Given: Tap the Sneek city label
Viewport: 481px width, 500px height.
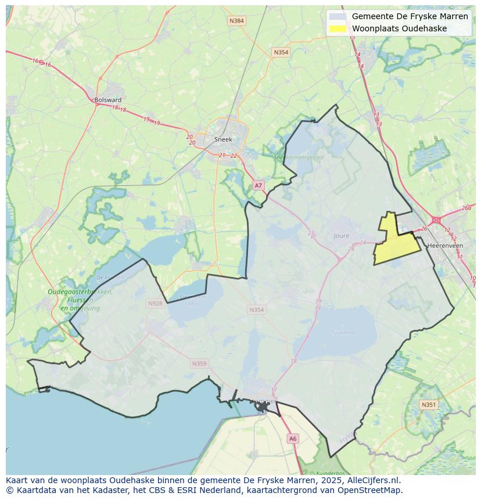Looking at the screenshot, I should point(223,139).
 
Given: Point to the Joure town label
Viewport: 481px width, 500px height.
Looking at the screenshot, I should point(342,236).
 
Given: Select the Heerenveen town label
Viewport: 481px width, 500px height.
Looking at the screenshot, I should point(444,246).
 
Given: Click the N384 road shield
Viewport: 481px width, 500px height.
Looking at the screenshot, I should point(236,21).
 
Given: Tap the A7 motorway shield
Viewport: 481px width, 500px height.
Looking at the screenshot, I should point(259,185).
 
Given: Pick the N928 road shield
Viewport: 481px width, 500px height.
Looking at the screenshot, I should point(155,303).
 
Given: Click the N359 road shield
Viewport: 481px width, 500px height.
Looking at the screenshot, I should point(199,364).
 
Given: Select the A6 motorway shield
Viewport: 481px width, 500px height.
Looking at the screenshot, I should point(293,439).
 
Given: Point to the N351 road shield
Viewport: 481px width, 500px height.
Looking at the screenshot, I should point(428,404).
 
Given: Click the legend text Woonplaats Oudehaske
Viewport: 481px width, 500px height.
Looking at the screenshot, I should point(399,28).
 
